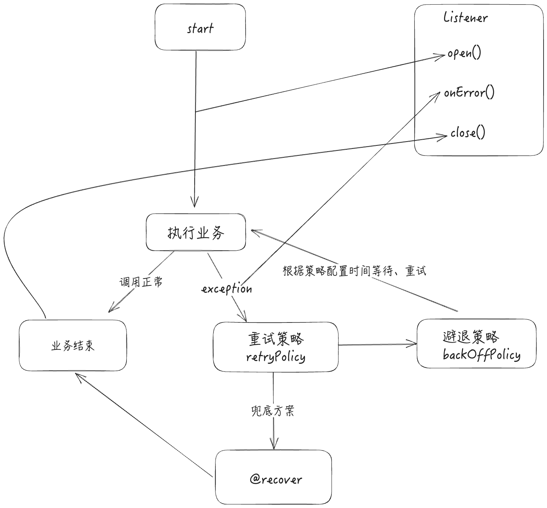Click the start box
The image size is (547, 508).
tap(200, 27)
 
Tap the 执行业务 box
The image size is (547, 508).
tap(196, 232)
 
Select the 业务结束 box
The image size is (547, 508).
tap(73, 346)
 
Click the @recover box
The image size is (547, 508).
tap(273, 477)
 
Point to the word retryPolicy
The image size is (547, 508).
tap(276, 357)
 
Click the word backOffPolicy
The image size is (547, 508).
tap(481, 355)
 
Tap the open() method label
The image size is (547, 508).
tap(464, 53)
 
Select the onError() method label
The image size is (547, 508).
tap(469, 93)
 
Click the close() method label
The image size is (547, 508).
tap(468, 133)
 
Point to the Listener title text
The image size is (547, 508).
tap(465, 17)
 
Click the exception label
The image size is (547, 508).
tap(227, 289)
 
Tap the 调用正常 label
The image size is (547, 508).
tap(141, 282)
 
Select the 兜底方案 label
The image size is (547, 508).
tap(273, 411)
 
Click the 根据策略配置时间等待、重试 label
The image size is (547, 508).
tap(354, 271)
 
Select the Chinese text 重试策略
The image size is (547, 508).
tap(276, 339)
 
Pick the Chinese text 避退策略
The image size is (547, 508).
tap(471, 336)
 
